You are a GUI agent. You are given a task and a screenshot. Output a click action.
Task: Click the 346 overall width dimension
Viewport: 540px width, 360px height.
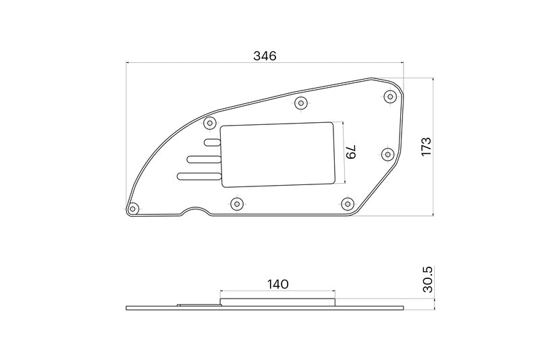tap(265, 57)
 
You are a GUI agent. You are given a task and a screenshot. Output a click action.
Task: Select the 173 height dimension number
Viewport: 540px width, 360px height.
tap(425, 147)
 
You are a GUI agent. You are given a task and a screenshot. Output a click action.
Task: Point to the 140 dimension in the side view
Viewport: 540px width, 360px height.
tap(277, 284)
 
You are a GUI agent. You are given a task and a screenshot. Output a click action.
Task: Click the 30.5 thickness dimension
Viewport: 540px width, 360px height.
tap(427, 278)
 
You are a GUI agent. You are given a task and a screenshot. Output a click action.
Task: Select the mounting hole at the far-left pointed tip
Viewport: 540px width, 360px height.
tap(134, 207)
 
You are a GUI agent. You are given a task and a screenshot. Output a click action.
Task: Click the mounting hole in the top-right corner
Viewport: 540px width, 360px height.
tap(390, 97)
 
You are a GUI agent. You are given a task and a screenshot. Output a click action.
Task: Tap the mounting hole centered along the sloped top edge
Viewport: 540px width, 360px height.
tap(301, 103)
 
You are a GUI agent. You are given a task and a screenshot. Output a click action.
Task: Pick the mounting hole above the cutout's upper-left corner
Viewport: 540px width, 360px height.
tap(209, 124)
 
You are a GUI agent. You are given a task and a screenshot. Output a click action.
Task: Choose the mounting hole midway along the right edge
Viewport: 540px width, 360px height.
tap(387, 154)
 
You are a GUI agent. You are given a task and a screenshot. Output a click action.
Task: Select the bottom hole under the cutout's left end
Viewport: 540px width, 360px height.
tap(236, 203)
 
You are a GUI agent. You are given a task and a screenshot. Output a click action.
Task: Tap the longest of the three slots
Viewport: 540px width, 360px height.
tap(199, 176)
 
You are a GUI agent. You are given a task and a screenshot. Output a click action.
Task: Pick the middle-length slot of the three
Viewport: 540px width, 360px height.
tap(204, 159)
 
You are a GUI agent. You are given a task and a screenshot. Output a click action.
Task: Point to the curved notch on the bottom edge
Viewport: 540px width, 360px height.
tap(196, 210)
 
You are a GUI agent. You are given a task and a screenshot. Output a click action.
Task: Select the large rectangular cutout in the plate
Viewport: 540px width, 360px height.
tap(278, 154)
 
